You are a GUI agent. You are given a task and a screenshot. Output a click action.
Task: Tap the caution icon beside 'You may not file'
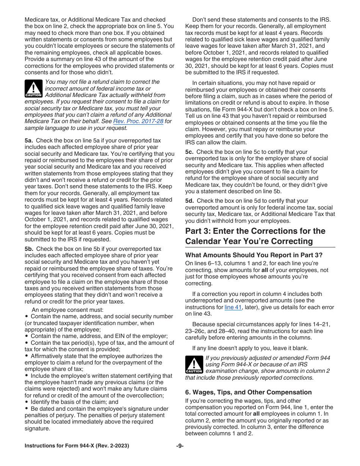[x=33, y=89]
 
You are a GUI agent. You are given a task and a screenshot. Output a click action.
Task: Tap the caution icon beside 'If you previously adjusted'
[x=194, y=365]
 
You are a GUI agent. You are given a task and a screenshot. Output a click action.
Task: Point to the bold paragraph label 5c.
[x=189, y=152]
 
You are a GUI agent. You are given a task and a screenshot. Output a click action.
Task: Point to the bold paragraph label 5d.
[x=190, y=201]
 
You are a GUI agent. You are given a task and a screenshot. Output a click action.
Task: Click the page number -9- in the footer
[x=180, y=446]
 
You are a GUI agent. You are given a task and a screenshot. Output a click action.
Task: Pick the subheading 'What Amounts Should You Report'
[x=254, y=255]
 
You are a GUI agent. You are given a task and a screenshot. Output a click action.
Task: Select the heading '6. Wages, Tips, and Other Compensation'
[x=248, y=392]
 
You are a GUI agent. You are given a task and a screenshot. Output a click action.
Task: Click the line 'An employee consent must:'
[x=65, y=310]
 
